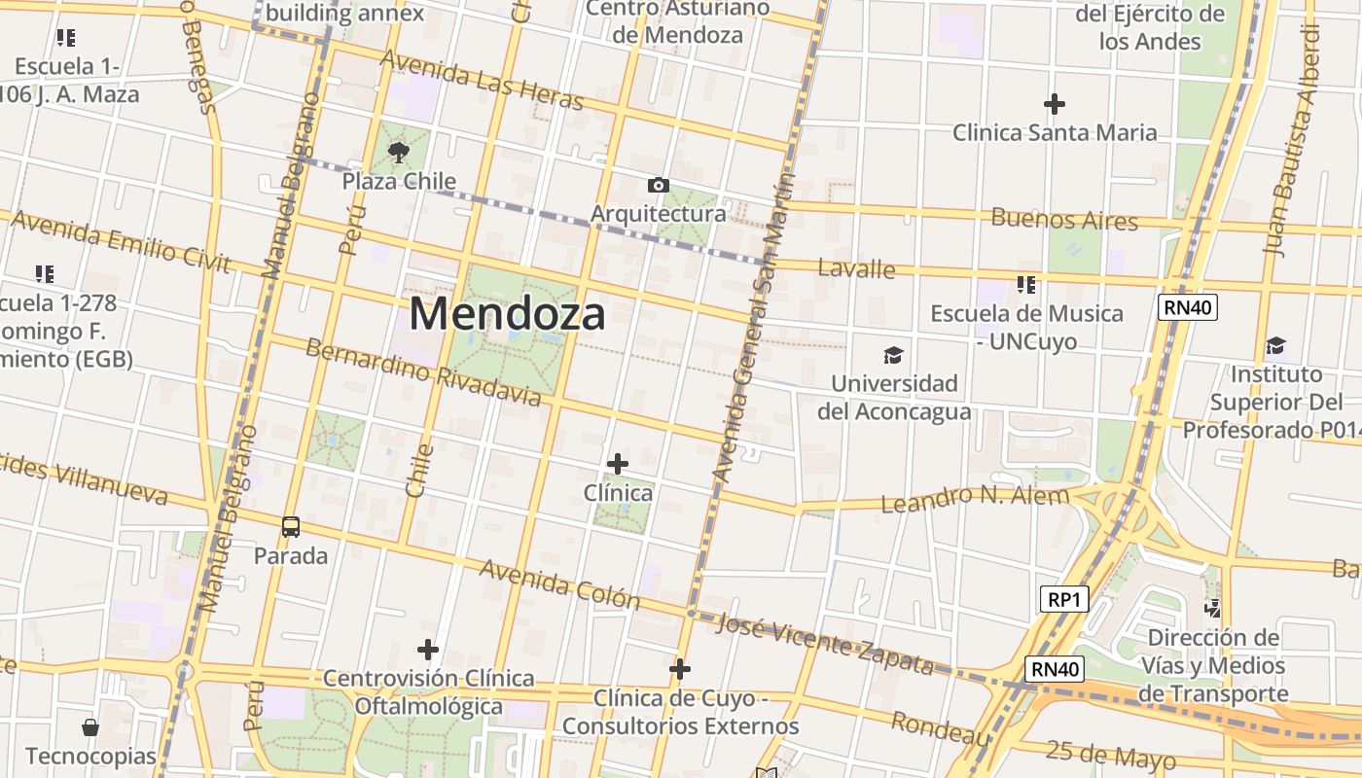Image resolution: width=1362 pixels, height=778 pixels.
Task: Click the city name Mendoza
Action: click(507, 314)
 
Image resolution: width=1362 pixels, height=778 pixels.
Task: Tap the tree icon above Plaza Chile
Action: click(398, 152)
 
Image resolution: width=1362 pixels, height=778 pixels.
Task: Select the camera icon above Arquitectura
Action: click(659, 185)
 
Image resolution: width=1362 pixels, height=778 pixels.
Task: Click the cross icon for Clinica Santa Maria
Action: click(1054, 103)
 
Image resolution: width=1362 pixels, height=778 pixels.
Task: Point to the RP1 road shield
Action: click(1063, 599)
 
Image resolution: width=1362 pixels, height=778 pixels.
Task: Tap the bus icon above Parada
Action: click(290, 527)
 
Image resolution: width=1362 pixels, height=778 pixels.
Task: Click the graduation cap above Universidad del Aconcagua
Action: click(893, 355)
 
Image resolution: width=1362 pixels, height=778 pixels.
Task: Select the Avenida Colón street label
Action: click(559, 583)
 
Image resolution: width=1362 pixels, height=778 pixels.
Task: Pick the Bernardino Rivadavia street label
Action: click(423, 372)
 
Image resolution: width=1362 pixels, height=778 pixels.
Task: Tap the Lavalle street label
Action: click(856, 267)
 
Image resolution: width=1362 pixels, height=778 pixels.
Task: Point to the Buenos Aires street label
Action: click(1064, 219)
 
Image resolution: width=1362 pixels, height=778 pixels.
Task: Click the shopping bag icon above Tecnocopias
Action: click(90, 727)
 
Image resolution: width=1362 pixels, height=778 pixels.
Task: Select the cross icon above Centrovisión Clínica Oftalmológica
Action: click(427, 649)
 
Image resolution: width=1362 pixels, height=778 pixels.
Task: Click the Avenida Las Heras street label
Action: click(482, 80)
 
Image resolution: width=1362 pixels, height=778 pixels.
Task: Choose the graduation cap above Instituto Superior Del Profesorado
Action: click(1275, 346)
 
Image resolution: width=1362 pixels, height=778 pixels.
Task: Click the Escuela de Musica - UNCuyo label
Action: click(1026, 327)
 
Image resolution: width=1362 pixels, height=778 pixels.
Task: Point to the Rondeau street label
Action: click(940, 728)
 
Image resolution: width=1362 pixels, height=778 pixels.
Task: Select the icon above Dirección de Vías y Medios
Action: click(1212, 610)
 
